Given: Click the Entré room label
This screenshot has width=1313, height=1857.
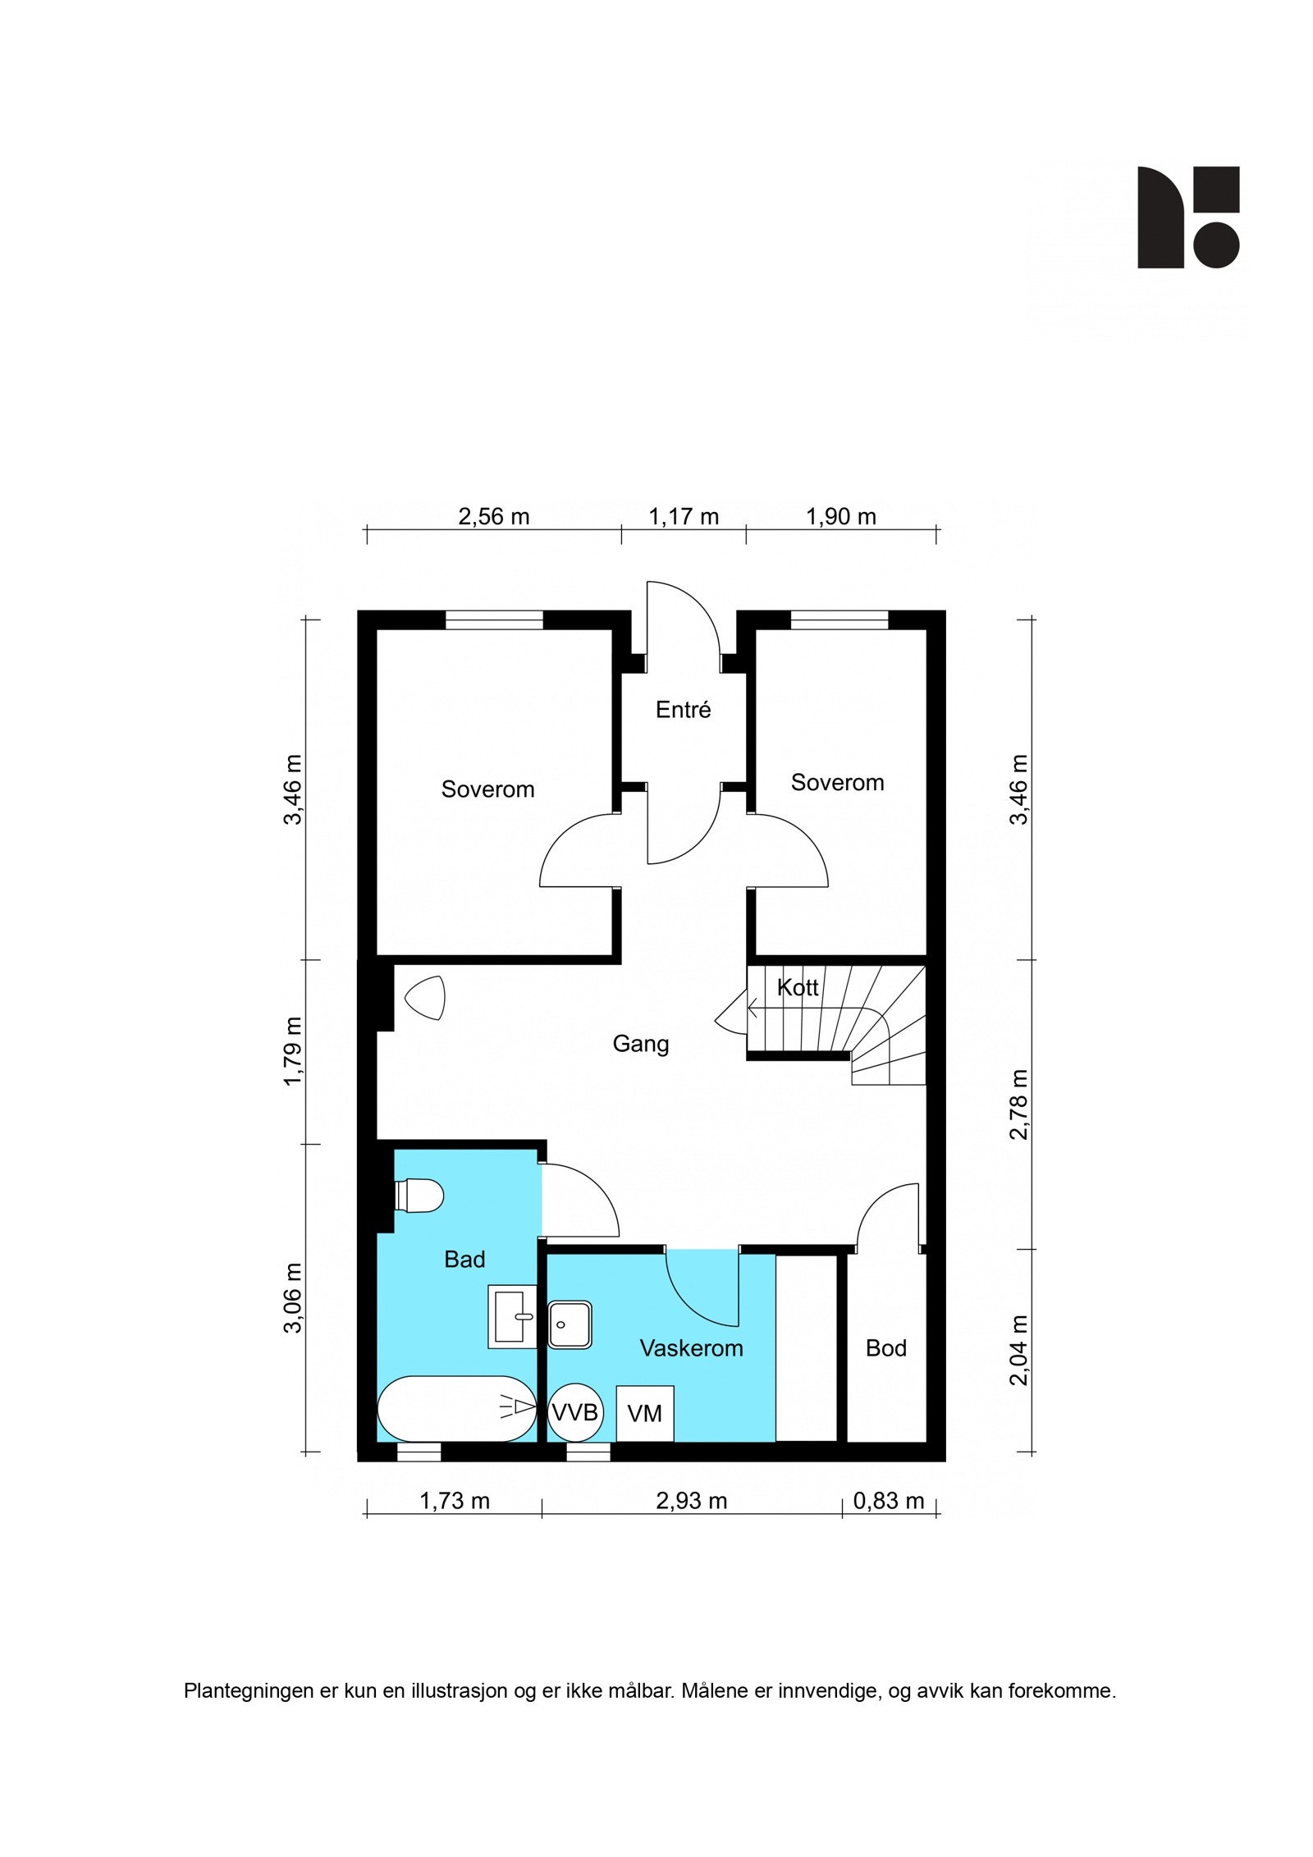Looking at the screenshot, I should coord(683,710).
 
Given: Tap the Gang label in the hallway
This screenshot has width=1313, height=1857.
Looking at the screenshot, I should coord(641,1044).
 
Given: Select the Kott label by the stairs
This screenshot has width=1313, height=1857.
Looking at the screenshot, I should coord(797,987).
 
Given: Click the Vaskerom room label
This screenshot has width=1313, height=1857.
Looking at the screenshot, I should coord(691,1348).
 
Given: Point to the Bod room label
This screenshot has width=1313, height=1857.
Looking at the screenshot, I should coord(885,1348).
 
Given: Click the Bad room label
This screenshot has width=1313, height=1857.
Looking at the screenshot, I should coord(464,1260).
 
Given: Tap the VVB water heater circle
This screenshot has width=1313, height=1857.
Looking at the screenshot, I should coord(574,1413).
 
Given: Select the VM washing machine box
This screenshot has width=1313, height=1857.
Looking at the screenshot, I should coord(645,1414).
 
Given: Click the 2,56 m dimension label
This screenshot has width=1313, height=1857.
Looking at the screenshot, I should coord(493,517).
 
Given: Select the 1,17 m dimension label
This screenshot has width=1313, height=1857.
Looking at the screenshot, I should coord(684,517).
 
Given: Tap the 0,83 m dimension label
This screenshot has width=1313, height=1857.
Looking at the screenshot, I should coord(889,1501).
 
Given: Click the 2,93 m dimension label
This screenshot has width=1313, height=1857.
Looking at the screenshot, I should coord(691,1501).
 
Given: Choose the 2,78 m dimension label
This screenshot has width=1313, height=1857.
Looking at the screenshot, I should coord(1018,1105).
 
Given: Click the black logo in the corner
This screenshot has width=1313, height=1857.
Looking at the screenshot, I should coord(1187,217).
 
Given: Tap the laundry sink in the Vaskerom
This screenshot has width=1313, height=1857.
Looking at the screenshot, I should coord(570,1324).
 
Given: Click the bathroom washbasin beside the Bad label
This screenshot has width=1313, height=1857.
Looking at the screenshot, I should coord(512,1316).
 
